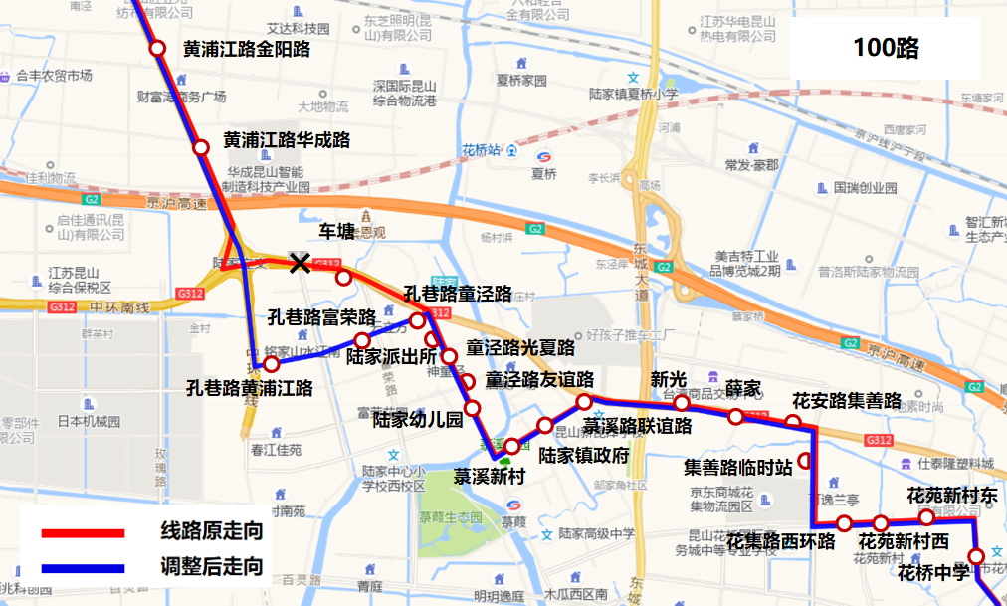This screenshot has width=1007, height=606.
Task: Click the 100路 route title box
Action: click(x=885, y=48)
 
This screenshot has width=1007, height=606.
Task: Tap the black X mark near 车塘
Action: click(x=299, y=263)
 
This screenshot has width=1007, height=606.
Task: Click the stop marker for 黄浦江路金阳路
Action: click(x=157, y=48)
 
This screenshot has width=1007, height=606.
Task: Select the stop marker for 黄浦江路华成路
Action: click(x=201, y=148)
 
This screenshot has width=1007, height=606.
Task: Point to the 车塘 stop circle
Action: click(x=343, y=277)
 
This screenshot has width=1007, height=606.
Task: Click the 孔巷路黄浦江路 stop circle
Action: click(x=271, y=364)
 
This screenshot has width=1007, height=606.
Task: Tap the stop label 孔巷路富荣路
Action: click(x=321, y=317)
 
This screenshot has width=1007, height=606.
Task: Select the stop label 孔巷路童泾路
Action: click(x=458, y=294)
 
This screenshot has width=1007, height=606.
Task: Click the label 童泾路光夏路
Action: click(x=520, y=348)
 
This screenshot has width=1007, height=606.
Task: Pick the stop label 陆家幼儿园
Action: click(x=418, y=419)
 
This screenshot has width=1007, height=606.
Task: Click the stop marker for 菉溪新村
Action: click(x=511, y=446)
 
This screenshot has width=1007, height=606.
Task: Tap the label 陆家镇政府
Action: click(x=584, y=456)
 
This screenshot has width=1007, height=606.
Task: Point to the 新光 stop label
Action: click(x=669, y=379)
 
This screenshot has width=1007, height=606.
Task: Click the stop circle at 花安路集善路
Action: click(x=793, y=422)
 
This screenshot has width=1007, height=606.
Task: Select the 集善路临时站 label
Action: click(x=738, y=466)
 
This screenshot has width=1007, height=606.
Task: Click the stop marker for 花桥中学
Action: click(x=976, y=556)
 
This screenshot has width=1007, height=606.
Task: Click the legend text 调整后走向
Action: click(x=212, y=567)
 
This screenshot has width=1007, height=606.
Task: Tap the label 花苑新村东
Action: click(x=951, y=495)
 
